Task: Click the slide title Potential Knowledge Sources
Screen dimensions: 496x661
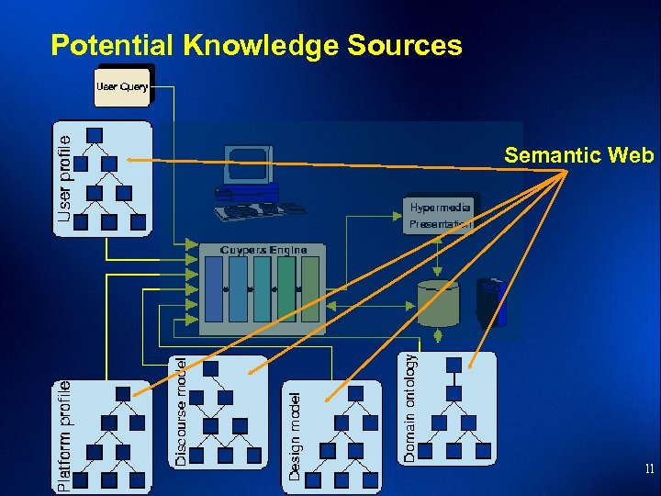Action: (x=256, y=45)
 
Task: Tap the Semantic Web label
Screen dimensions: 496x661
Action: (x=578, y=156)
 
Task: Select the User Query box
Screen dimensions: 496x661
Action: (x=123, y=86)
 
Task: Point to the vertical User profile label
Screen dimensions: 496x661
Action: (x=63, y=174)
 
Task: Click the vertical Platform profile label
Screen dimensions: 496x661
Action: (x=63, y=423)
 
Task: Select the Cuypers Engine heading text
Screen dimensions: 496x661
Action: (x=263, y=249)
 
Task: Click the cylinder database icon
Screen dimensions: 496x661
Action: (x=438, y=303)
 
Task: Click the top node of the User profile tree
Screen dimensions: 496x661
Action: (x=95, y=136)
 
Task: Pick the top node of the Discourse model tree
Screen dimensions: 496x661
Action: (x=211, y=368)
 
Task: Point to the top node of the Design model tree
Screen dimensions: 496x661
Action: (x=355, y=393)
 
